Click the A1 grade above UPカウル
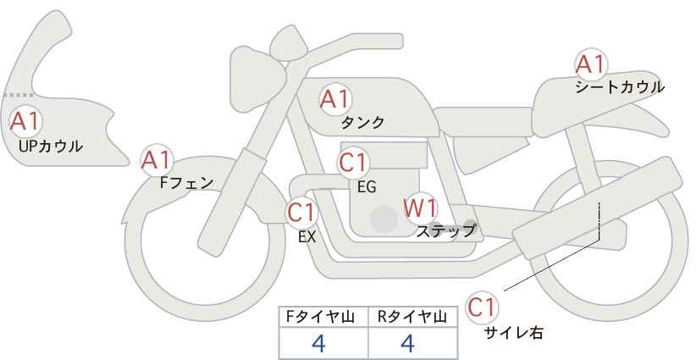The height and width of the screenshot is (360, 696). (25, 121)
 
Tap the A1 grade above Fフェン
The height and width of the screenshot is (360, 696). (156, 160)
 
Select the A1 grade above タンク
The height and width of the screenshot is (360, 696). (335, 99)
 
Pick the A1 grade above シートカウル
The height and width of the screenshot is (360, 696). (591, 64)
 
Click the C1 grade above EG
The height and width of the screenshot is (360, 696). (353, 163)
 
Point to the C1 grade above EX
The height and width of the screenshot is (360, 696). (302, 213)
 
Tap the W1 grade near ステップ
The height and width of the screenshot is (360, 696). (420, 208)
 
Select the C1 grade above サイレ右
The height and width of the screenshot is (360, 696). (482, 307)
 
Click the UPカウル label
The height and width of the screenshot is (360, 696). (50, 146)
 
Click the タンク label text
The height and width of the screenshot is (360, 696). (362, 122)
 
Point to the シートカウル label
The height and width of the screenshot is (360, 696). (620, 87)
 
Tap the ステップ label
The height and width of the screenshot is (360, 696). (445, 230)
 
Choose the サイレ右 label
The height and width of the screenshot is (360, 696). (514, 332)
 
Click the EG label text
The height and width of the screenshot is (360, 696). (367, 187)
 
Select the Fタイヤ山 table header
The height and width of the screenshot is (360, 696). (320, 317)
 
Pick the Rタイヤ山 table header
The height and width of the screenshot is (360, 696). (412, 317)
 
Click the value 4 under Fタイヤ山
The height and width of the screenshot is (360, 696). (318, 343)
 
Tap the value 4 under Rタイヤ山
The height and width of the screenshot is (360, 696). (407, 343)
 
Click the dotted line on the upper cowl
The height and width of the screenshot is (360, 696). (18, 95)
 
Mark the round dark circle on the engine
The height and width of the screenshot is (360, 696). (384, 219)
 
